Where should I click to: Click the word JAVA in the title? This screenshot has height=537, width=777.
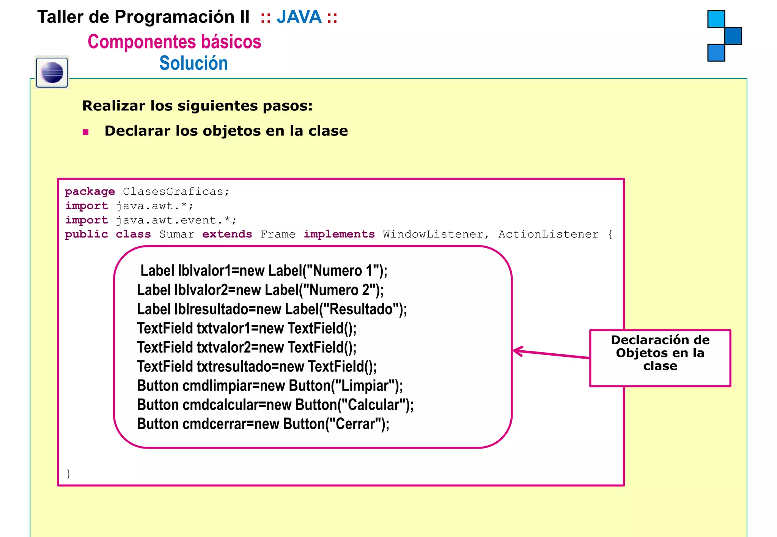click(x=299, y=17)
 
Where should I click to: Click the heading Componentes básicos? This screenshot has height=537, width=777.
click(x=174, y=41)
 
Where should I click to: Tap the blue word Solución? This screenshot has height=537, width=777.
click(x=193, y=63)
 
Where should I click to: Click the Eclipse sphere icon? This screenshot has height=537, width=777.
click(x=52, y=72)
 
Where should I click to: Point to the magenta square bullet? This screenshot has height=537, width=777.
click(x=86, y=132)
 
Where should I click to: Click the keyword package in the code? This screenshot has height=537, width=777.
click(x=90, y=192)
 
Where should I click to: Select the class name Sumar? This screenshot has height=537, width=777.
click(x=176, y=235)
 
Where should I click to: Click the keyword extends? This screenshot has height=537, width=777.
click(x=227, y=235)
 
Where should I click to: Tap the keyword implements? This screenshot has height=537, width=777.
click(x=339, y=235)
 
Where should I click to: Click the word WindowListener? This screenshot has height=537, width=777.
click(x=433, y=235)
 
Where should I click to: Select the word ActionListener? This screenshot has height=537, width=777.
click(x=548, y=235)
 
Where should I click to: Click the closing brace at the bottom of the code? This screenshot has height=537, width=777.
click(x=68, y=473)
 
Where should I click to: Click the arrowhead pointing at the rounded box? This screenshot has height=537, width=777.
click(x=517, y=351)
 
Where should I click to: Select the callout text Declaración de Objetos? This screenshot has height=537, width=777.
click(x=660, y=346)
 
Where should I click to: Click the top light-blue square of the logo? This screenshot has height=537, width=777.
click(x=716, y=19)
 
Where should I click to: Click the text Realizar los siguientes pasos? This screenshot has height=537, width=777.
click(x=197, y=106)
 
